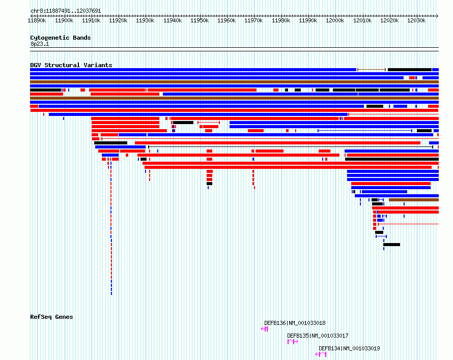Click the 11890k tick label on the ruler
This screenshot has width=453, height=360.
point(37,20)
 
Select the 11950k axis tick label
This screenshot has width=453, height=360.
point(200,20)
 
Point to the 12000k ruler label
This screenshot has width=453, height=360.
point(335,20)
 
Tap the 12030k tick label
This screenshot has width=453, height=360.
point(416,20)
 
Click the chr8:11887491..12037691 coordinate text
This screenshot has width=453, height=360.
point(66,11)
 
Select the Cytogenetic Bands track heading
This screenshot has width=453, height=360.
point(61,38)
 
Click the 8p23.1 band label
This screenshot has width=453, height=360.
point(40,44)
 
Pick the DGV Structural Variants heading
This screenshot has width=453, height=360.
point(71,65)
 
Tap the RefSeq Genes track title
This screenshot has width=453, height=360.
point(51,317)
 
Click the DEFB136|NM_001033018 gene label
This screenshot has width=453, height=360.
point(295,323)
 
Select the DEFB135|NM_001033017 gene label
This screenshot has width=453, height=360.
point(318,336)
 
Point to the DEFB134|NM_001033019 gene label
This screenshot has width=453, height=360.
point(349,348)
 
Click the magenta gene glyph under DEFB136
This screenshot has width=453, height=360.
point(264,329)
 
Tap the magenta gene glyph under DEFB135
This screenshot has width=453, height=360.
point(293,342)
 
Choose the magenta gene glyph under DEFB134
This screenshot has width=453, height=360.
point(321,354)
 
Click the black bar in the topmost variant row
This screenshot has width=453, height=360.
point(410,70)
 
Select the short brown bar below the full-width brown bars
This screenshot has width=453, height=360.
point(414,200)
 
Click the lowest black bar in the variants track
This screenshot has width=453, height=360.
point(392,245)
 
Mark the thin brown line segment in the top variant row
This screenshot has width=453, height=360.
point(372,70)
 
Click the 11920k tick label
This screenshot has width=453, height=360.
point(118,20)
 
